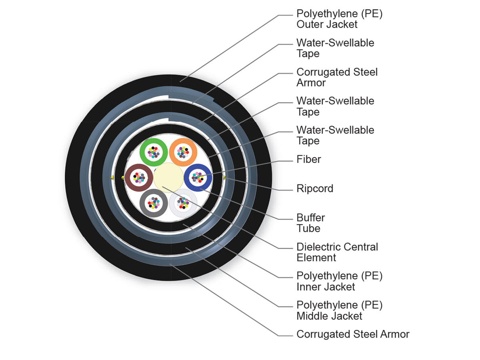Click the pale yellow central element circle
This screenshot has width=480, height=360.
pyautogui.click(x=168, y=177)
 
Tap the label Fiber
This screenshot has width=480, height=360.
pyautogui.click(x=308, y=160)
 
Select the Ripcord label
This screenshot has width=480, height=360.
pyautogui.click(x=314, y=189)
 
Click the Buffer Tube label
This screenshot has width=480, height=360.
pyautogui.click(x=310, y=223)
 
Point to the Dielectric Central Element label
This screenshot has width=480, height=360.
pyautogui.click(x=337, y=252)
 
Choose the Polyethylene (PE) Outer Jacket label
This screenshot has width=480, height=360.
pyautogui.click(x=339, y=19)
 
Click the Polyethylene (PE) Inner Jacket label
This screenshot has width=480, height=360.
pyautogui.click(x=339, y=282)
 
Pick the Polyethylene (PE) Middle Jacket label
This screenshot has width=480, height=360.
pyautogui.click(x=339, y=311)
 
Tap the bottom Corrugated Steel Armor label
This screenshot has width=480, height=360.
pyautogui.click(x=353, y=334)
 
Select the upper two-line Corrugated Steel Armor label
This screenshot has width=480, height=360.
pyautogui.click(x=337, y=77)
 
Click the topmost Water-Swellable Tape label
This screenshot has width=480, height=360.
pyautogui.click(x=335, y=48)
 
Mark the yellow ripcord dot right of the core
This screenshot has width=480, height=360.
pyautogui.click(x=225, y=178)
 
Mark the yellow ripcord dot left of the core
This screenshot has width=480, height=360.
pyautogui.click(x=112, y=178)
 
